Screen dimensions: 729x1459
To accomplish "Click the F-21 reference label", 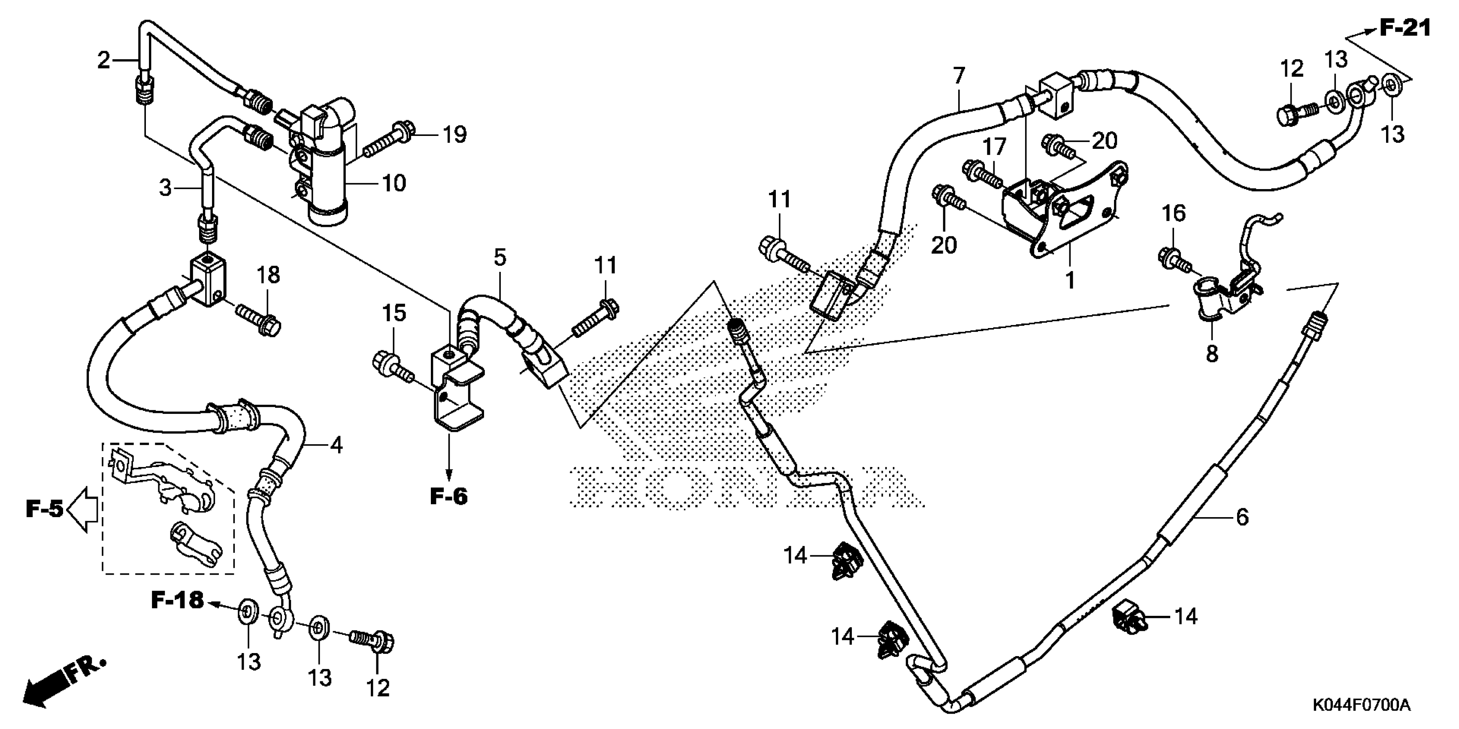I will point(1404,28).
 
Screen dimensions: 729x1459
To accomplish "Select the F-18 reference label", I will point(177,600).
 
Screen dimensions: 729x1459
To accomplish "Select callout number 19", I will point(454,134).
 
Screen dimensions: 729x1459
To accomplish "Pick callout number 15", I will point(394,313).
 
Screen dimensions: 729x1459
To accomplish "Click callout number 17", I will point(993,147).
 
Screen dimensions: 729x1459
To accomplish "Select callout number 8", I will point(1211,354).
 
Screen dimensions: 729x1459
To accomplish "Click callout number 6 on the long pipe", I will point(1242,517).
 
